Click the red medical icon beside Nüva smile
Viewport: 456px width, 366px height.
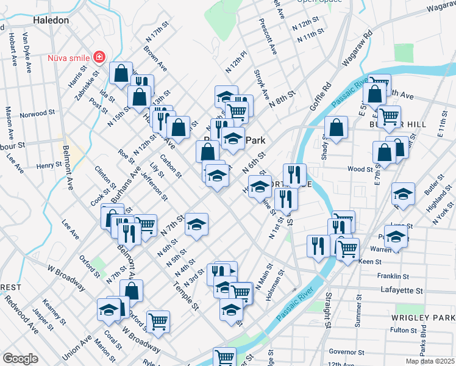point(99,57)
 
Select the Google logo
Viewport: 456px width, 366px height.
point(20,359)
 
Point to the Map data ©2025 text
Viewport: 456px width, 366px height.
point(429,361)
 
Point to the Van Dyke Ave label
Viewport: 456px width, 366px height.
point(27,52)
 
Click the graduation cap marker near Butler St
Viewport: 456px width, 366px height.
point(403,193)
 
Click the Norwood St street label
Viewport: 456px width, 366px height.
point(37,115)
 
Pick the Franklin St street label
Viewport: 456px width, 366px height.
point(392,276)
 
